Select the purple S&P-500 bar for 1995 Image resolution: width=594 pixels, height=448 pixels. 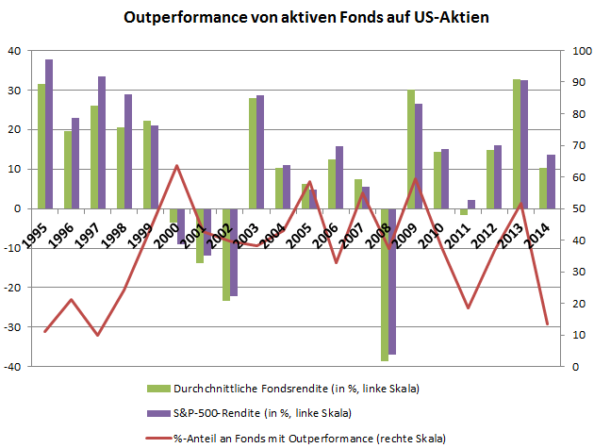click(x=49, y=132)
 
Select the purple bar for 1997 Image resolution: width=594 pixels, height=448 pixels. click(x=102, y=141)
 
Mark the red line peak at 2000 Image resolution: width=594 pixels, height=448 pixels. click(x=176, y=166)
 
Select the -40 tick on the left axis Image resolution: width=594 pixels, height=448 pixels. click(x=17, y=366)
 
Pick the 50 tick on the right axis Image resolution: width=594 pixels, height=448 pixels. click(x=575, y=208)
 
